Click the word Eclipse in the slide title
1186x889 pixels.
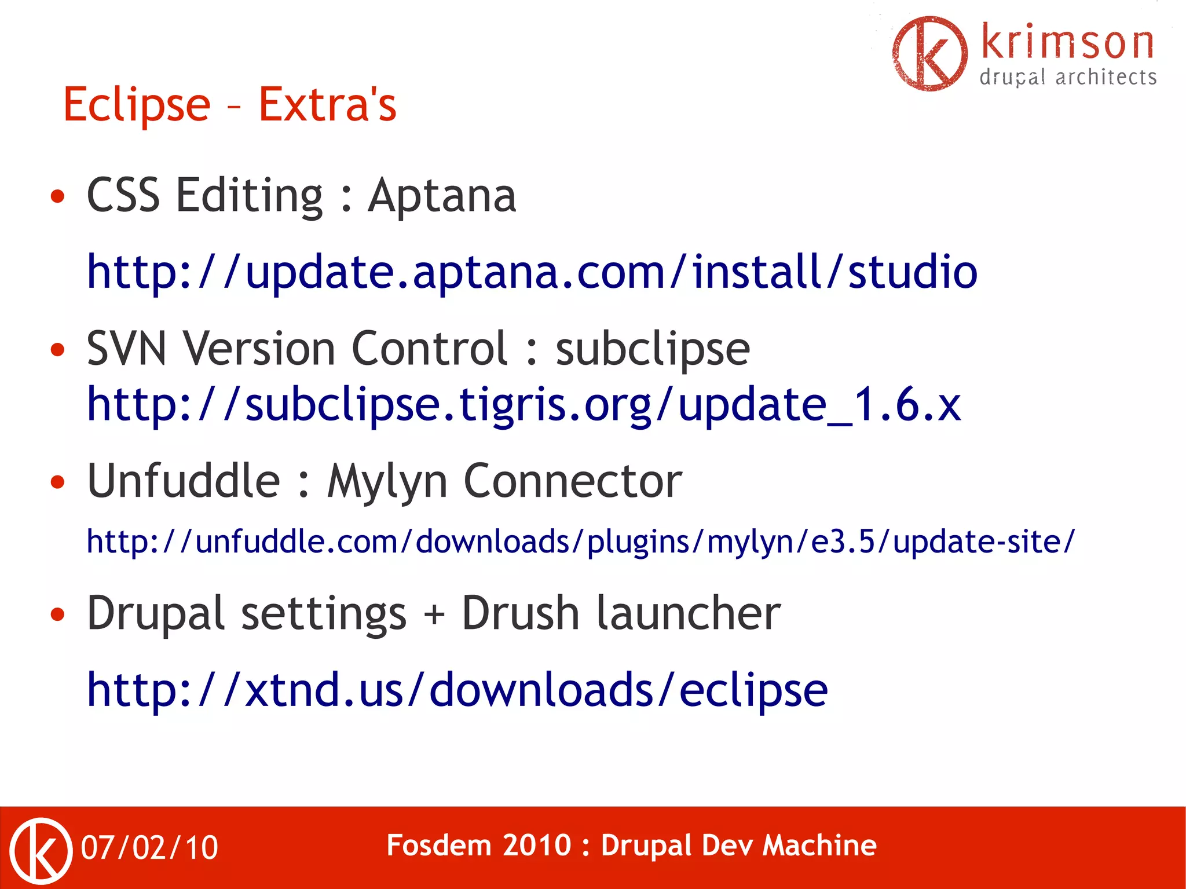tap(137, 105)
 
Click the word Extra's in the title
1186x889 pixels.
tap(327, 105)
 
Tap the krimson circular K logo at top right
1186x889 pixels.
tap(929, 54)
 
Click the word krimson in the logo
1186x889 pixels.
tap(1067, 43)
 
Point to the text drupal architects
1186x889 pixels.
tap(1068, 78)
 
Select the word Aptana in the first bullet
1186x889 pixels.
tap(442, 196)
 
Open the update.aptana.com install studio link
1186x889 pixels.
tap(532, 272)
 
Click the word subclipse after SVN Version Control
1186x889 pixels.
tap(653, 349)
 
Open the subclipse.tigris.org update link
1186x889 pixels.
tap(524, 404)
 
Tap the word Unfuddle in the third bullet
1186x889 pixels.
tap(184, 481)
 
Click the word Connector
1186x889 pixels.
tap(573, 481)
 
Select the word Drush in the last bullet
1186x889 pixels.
tap(520, 613)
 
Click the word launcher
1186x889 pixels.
tap(689, 613)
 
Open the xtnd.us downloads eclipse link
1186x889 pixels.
tap(457, 690)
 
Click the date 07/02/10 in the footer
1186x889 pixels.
tap(149, 848)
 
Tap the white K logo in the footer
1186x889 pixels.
tap(41, 850)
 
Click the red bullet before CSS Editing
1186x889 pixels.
tap(57, 196)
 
